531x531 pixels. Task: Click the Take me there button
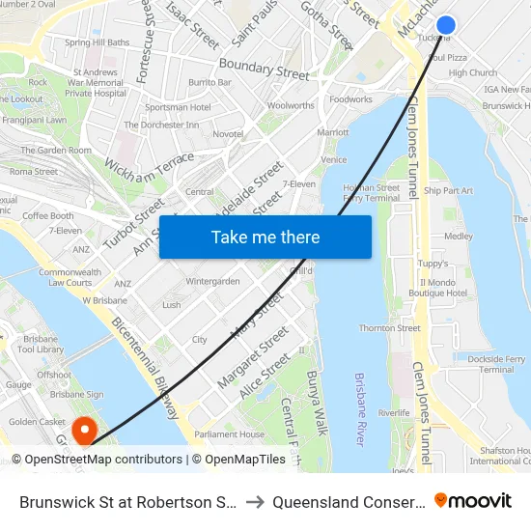click(x=265, y=237)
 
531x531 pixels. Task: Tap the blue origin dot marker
click(x=446, y=25)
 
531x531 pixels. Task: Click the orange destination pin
click(x=84, y=429)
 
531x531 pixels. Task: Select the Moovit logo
click(x=473, y=501)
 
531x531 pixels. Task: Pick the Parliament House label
click(x=229, y=434)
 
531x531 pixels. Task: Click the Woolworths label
click(x=291, y=105)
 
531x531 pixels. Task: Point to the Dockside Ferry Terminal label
click(x=496, y=364)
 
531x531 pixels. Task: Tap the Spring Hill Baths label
click(x=97, y=42)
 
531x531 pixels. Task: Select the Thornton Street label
click(x=389, y=328)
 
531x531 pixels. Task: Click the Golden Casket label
click(x=37, y=422)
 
